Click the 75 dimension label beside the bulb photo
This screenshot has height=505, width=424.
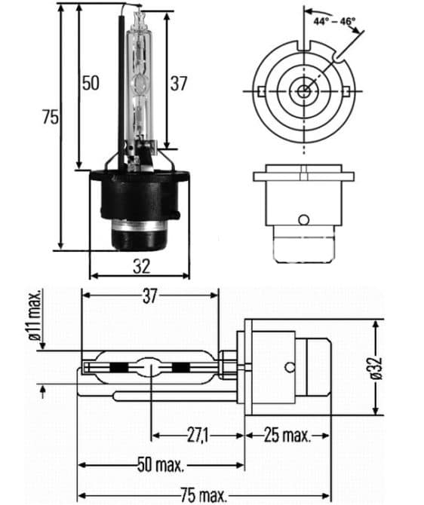click(x=51, y=117)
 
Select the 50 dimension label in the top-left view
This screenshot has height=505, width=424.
click(x=91, y=83)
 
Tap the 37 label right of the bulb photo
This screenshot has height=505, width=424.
click(x=178, y=83)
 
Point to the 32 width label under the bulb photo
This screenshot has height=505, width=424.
click(x=141, y=265)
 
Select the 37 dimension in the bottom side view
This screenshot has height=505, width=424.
click(x=149, y=296)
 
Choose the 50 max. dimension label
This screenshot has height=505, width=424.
click(x=160, y=464)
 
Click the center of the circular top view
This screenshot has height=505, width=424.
click(x=303, y=91)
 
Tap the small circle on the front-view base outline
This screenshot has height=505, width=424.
click(x=303, y=220)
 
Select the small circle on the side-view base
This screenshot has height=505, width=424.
click(x=290, y=369)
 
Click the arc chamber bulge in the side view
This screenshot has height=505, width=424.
click(x=150, y=369)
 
